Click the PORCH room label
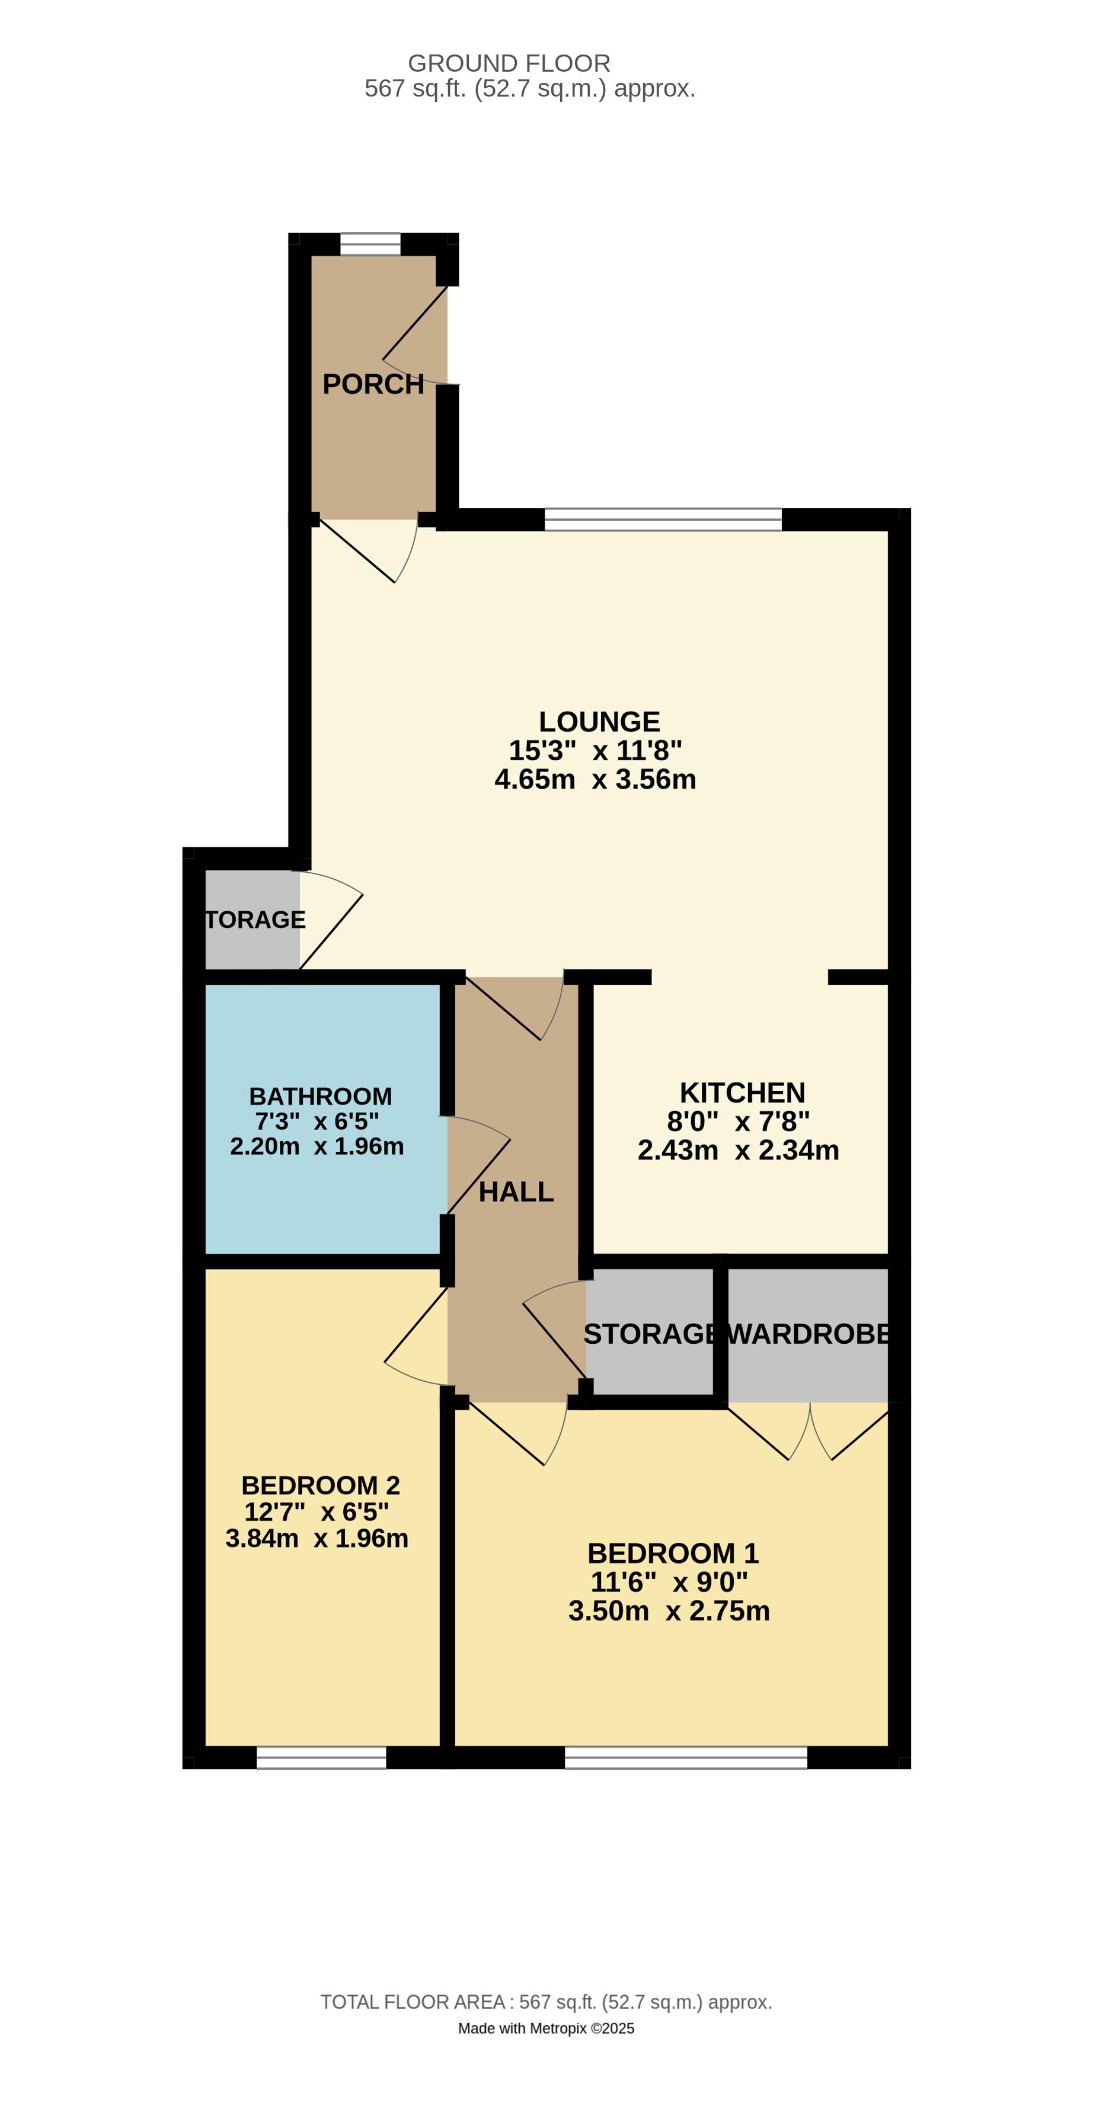(x=373, y=385)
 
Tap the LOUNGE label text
(x=599, y=722)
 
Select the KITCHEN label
(x=742, y=1093)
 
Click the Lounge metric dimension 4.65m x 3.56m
(x=595, y=779)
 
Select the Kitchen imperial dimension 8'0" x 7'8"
(x=739, y=1121)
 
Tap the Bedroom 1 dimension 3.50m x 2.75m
(x=669, y=1610)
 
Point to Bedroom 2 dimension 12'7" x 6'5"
(x=317, y=1512)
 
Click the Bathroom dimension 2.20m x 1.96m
(x=317, y=1147)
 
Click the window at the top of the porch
(x=370, y=245)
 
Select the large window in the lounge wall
(x=663, y=519)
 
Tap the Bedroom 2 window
(x=321, y=1758)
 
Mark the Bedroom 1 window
(x=686, y=1758)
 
